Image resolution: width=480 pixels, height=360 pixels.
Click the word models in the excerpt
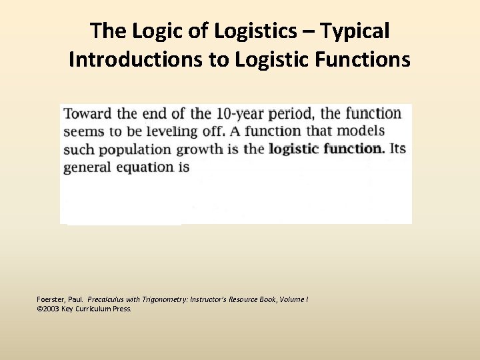[360, 131]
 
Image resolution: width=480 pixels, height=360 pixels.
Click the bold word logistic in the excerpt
[293, 149]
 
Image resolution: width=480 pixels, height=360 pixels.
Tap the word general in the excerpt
[87, 167]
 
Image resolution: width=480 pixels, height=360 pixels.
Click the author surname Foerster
[51, 300]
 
